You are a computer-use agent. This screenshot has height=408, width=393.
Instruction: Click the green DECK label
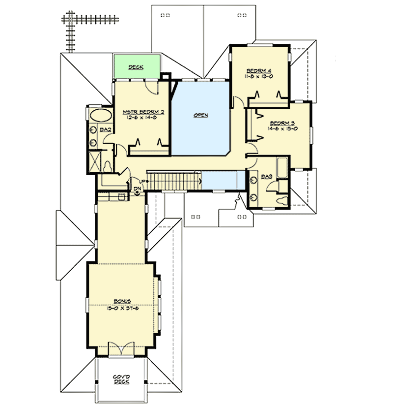point(136,67)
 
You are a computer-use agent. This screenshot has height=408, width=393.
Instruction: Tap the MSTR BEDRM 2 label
point(143,112)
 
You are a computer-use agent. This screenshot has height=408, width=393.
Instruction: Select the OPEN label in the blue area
point(200,115)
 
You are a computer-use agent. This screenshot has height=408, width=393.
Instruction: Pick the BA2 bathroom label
point(104,129)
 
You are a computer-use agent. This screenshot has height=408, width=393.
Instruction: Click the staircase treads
point(174,180)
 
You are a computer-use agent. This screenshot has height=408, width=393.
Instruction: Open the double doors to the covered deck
point(121,349)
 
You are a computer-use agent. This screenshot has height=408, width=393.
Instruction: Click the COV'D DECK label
point(121,380)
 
